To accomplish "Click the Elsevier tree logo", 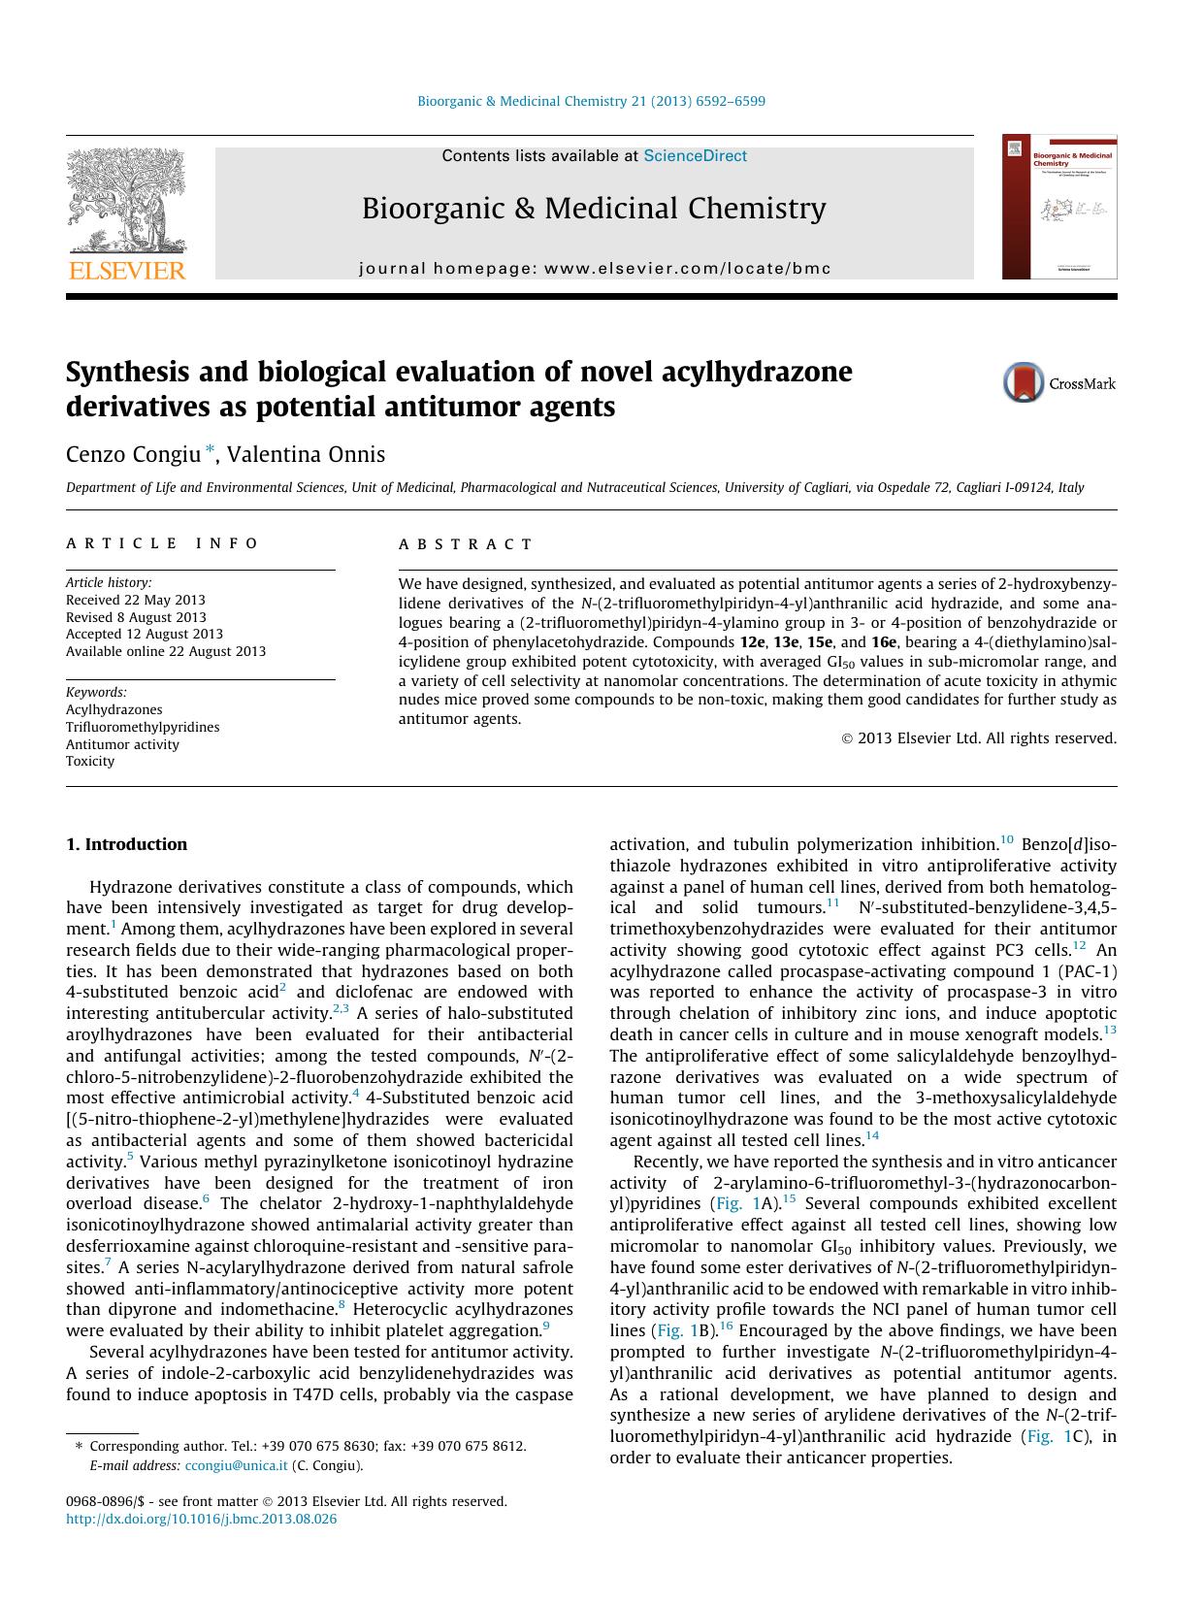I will point(125,203).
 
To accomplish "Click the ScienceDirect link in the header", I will point(695,155).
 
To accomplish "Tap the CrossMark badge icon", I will point(1023,382).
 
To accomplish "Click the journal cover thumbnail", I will point(1058,207).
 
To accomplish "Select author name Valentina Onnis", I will point(306,454).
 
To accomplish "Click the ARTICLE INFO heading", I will point(162,543).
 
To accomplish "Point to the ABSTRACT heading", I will point(466,543).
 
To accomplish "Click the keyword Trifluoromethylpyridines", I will point(143,727).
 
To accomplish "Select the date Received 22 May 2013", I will point(135,600).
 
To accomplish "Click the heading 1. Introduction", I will point(126,844).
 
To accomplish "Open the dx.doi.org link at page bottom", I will point(201,1519).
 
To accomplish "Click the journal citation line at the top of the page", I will point(591,101).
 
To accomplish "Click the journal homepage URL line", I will point(595,268).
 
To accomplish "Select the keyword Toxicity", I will point(90,761).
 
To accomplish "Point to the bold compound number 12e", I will point(751,641).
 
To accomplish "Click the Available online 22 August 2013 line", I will point(166,651).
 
